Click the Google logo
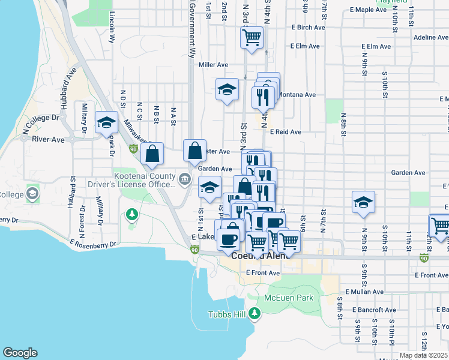tap(20, 353)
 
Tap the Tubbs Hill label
tap(228, 314)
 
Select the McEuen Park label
tap(289, 298)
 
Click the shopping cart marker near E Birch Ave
tap(252, 37)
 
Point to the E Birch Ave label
tap(308, 28)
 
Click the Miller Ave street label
tap(214, 65)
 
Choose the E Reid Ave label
tap(285, 131)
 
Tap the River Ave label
tap(48, 139)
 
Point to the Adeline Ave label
tap(431, 37)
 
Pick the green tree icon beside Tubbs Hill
tap(255, 313)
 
